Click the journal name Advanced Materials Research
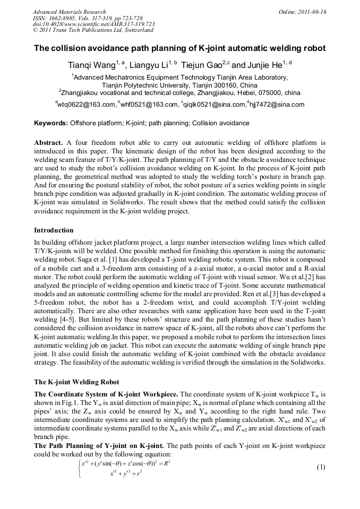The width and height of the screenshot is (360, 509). pos(69,12)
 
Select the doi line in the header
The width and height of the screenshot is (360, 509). pos(93,24)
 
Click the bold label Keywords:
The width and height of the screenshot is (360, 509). pos(51,123)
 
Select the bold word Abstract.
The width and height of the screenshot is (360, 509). pos(49,143)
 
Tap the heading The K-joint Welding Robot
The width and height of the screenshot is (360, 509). pos(76,382)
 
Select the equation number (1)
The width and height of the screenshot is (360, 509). pos(321,468)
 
